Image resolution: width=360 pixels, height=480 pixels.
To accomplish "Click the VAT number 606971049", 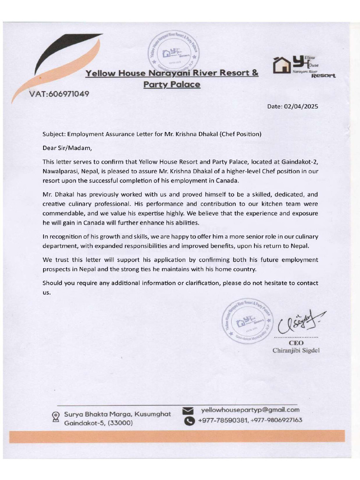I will tap(59, 93).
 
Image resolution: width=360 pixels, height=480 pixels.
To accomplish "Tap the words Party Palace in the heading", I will tap(172, 84).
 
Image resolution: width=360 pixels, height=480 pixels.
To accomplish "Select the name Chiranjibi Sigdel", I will tap(296, 351).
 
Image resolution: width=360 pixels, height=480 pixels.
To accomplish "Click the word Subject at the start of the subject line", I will tap(54, 134).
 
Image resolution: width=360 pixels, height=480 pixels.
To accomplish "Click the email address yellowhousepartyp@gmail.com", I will tap(250, 409).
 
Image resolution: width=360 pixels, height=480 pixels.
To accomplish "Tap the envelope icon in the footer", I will tap(188, 411).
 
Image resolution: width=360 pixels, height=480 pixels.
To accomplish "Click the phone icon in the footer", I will tap(188, 421).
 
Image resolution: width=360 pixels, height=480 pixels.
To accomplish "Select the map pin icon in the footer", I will tap(56, 416).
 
